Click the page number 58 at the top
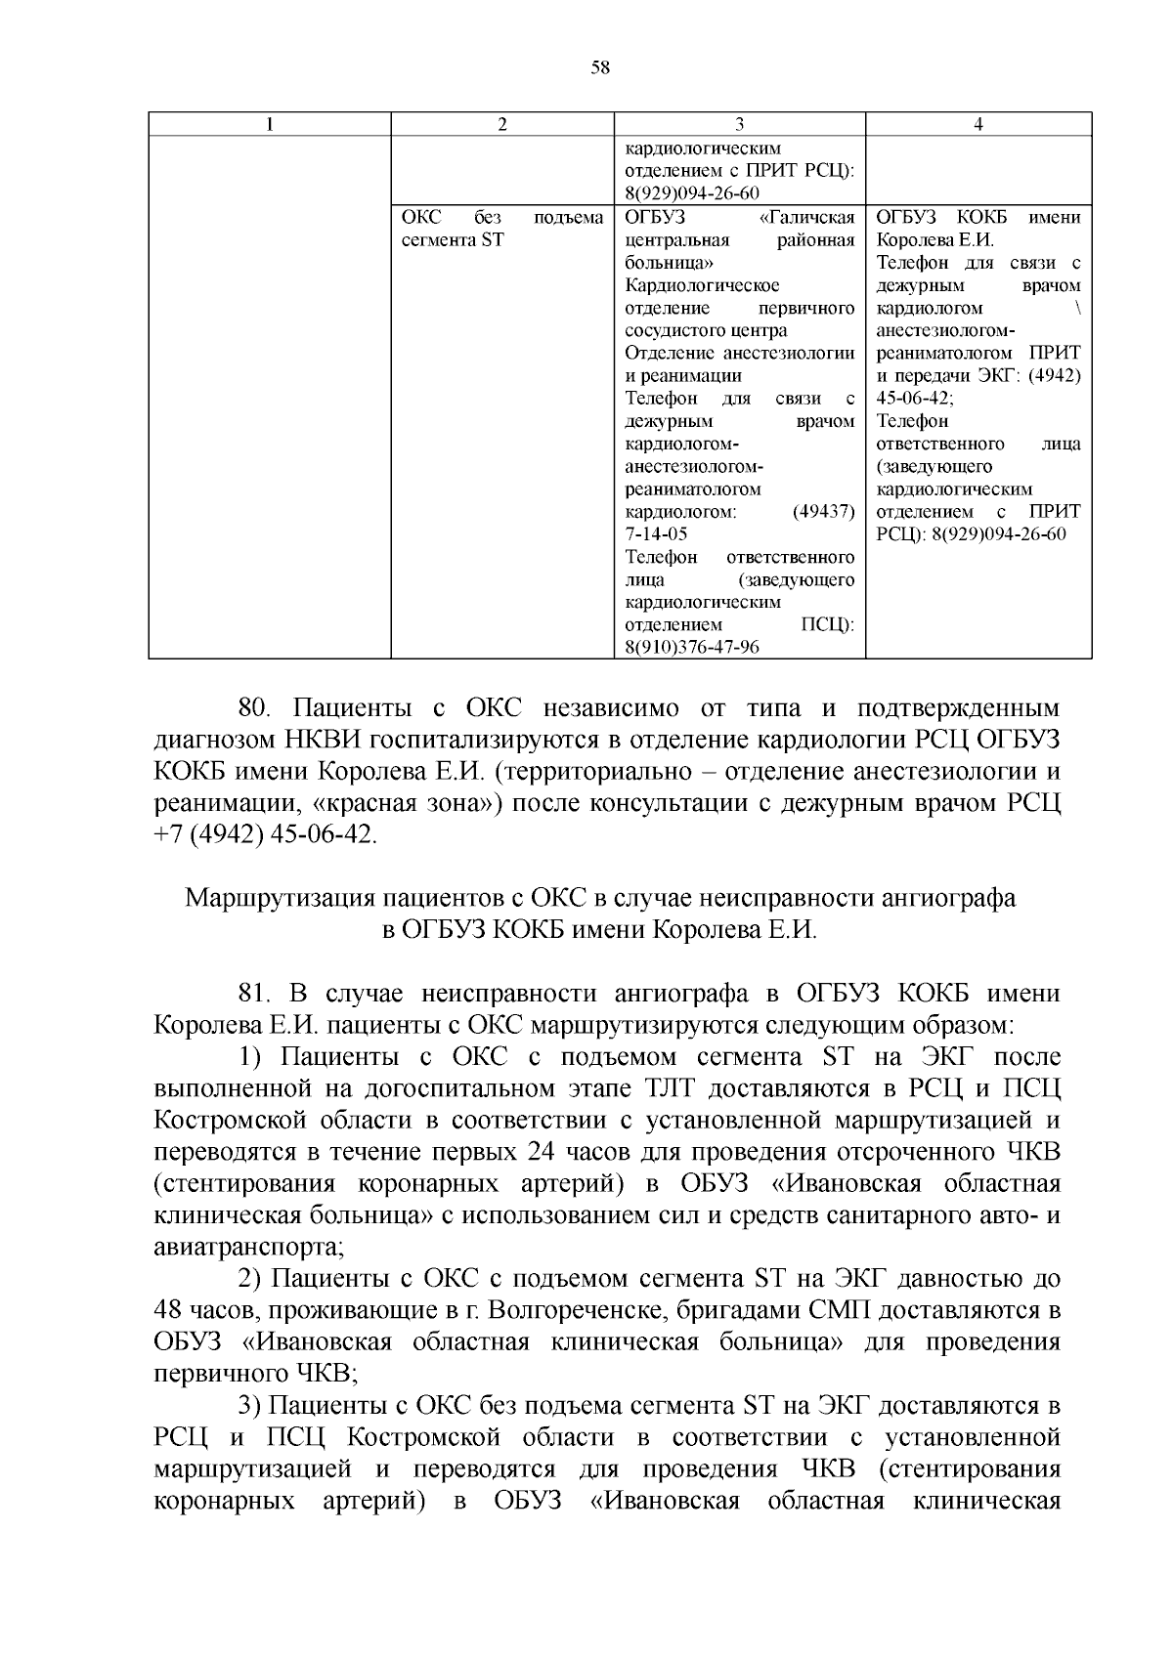click(600, 67)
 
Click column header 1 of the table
click(269, 124)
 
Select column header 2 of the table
click(502, 124)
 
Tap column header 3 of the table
click(739, 124)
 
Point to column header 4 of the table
click(978, 124)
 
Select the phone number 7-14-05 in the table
click(656, 534)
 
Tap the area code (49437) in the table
click(824, 512)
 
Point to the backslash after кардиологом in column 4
click(1076, 309)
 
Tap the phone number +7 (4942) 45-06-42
click(265, 837)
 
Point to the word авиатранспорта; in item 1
click(250, 1248)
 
